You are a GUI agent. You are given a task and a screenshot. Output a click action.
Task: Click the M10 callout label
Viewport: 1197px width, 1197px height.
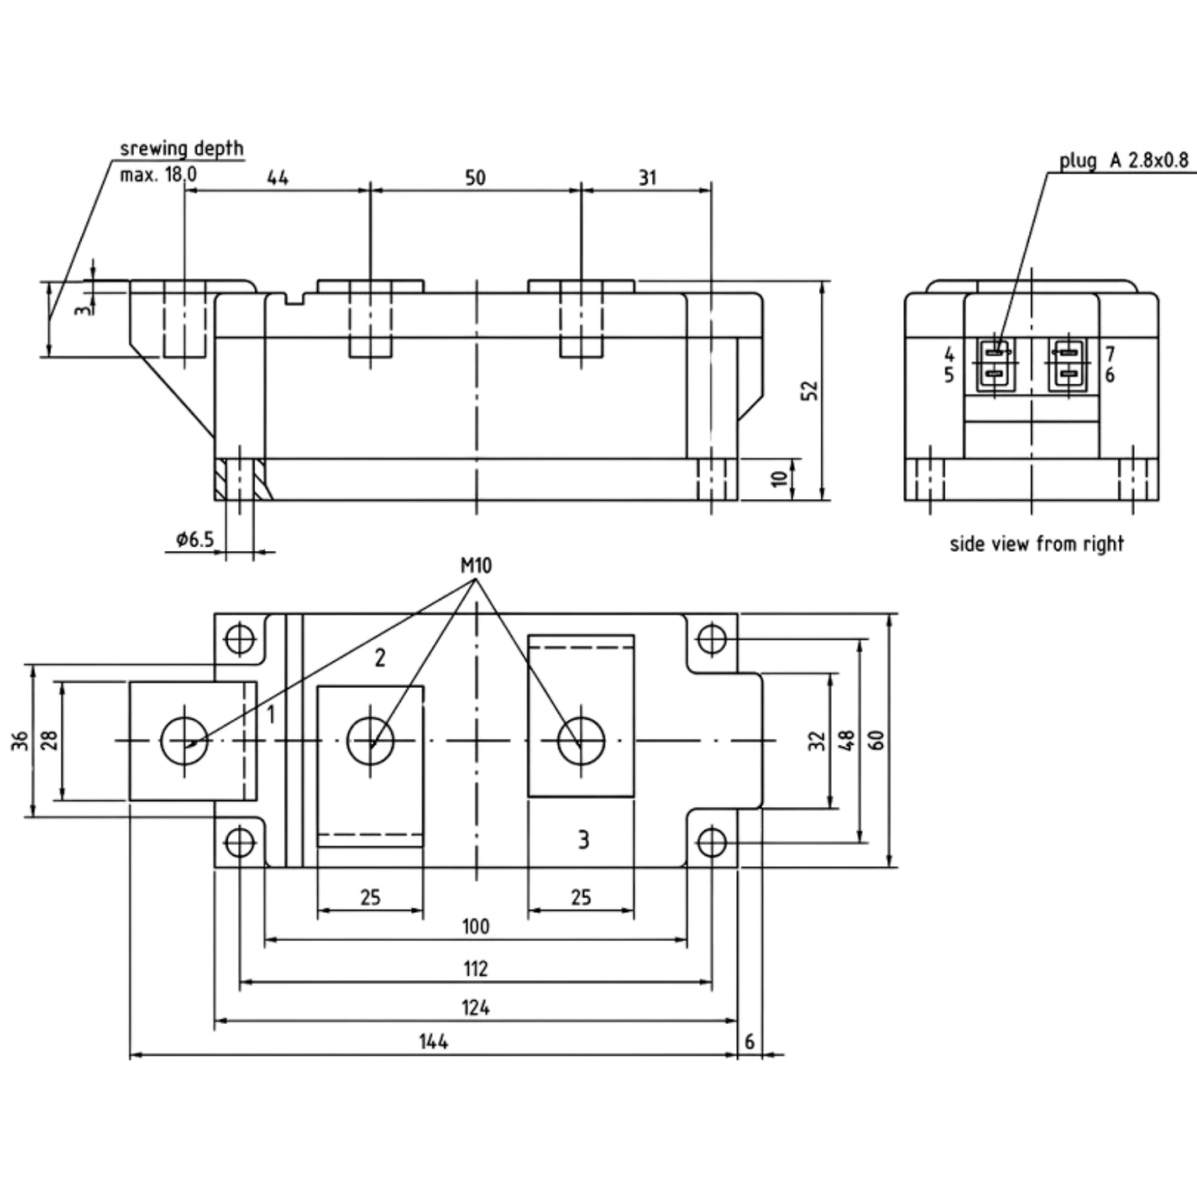[475, 566]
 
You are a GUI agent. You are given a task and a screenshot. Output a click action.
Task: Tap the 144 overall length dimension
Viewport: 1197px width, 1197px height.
[433, 1042]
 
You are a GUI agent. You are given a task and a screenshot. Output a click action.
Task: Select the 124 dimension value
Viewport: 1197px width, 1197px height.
[475, 1007]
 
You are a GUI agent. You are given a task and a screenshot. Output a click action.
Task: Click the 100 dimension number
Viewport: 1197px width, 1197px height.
[475, 927]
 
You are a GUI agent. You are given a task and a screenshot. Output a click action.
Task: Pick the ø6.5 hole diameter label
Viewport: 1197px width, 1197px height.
[195, 539]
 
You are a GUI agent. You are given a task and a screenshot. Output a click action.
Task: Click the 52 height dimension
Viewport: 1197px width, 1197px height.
[811, 390]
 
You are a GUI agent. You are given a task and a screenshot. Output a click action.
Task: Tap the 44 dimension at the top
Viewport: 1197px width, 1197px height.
[278, 177]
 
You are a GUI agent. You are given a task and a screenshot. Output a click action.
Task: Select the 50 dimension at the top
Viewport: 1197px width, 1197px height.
[475, 177]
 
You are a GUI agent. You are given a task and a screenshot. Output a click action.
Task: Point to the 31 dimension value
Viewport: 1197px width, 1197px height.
[647, 177]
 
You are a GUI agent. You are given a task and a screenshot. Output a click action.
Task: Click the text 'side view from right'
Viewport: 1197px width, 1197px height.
[1037, 544]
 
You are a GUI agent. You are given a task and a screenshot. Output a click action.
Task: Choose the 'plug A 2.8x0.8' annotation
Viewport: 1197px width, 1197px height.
[1124, 160]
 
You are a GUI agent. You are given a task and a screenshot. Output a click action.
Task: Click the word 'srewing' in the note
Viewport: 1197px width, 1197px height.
[154, 149]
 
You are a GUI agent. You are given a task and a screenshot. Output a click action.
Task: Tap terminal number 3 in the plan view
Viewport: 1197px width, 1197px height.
[583, 840]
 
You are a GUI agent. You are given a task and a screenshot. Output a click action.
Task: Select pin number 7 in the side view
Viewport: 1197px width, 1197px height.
[1109, 354]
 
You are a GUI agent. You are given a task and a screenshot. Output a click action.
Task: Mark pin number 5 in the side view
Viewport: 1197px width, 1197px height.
[948, 375]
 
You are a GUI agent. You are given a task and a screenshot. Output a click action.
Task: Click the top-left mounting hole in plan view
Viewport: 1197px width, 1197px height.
[239, 639]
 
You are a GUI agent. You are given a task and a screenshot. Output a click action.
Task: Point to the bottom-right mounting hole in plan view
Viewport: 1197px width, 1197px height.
[712, 843]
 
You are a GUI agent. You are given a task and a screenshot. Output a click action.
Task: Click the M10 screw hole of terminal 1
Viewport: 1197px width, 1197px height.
[185, 741]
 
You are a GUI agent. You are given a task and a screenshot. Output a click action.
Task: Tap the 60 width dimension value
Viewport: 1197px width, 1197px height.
[876, 741]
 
